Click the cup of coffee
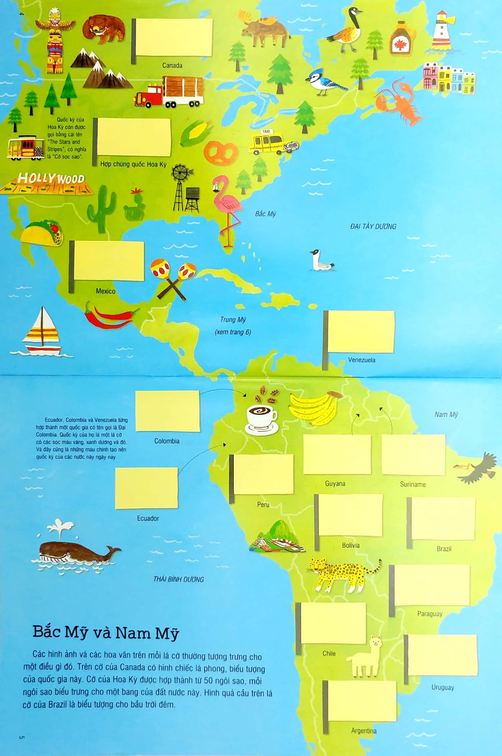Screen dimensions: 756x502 [261, 418]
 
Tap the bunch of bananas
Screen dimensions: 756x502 [314, 407]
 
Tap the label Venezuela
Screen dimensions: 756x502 [361, 360]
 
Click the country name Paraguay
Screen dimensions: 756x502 [430, 613]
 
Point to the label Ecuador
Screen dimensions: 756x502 [148, 518]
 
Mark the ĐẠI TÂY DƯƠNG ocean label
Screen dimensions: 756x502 [373, 227]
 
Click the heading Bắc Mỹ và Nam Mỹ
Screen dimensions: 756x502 [106, 633]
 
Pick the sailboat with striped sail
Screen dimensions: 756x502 [42, 333]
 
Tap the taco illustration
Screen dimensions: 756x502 [42, 233]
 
